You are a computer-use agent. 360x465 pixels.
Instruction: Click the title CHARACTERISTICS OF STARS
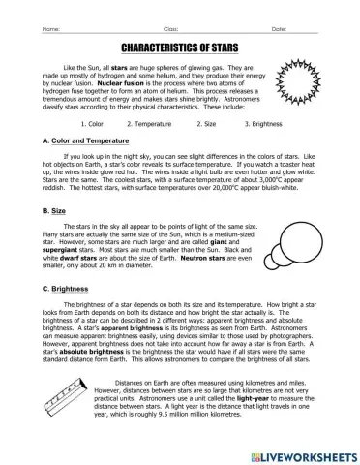click(x=180, y=46)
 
